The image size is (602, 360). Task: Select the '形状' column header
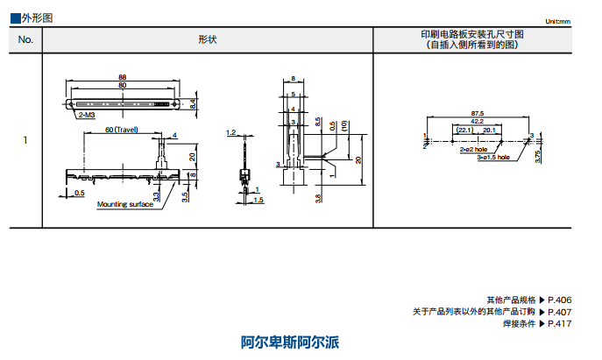207,39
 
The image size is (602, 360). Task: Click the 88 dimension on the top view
122,77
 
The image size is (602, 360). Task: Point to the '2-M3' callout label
88,115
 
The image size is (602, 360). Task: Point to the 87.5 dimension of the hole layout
477,113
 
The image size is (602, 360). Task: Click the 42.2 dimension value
477,122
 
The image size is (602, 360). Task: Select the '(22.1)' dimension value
464,130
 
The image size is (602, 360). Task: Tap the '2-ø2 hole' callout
473,151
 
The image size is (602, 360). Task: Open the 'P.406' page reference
560,300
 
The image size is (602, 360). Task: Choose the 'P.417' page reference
560,324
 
